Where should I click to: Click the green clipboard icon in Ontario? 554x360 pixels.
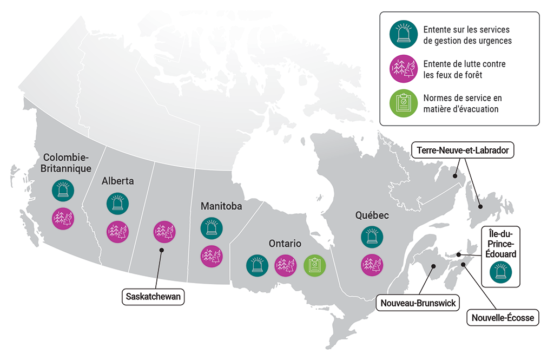[x=314, y=265]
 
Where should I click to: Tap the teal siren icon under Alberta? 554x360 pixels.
[x=117, y=202]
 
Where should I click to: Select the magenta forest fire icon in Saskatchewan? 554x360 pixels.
[x=164, y=231]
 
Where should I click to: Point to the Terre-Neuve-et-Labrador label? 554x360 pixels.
[x=463, y=150]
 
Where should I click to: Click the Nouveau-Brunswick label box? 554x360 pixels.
[x=417, y=302]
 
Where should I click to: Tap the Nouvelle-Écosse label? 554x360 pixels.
[x=503, y=318]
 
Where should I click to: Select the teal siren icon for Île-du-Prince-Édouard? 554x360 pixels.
[x=500, y=272]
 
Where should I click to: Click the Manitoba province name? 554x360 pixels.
[x=221, y=206]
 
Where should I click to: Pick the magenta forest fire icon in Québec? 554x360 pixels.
[x=372, y=264]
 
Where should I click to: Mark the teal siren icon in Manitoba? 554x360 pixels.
[x=210, y=228]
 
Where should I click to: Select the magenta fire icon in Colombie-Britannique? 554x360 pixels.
[x=62, y=218]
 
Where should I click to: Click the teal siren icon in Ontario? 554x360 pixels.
[x=257, y=265]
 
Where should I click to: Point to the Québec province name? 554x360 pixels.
[x=372, y=215]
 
